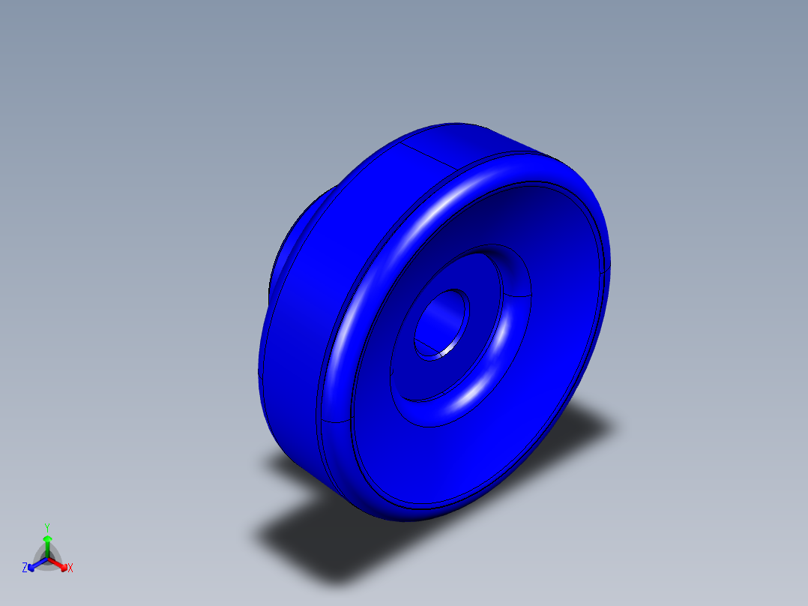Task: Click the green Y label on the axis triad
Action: coord(46,527)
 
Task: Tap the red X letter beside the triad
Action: coord(70,568)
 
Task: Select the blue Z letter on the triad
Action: coord(25,568)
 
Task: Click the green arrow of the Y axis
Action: coord(46,541)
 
